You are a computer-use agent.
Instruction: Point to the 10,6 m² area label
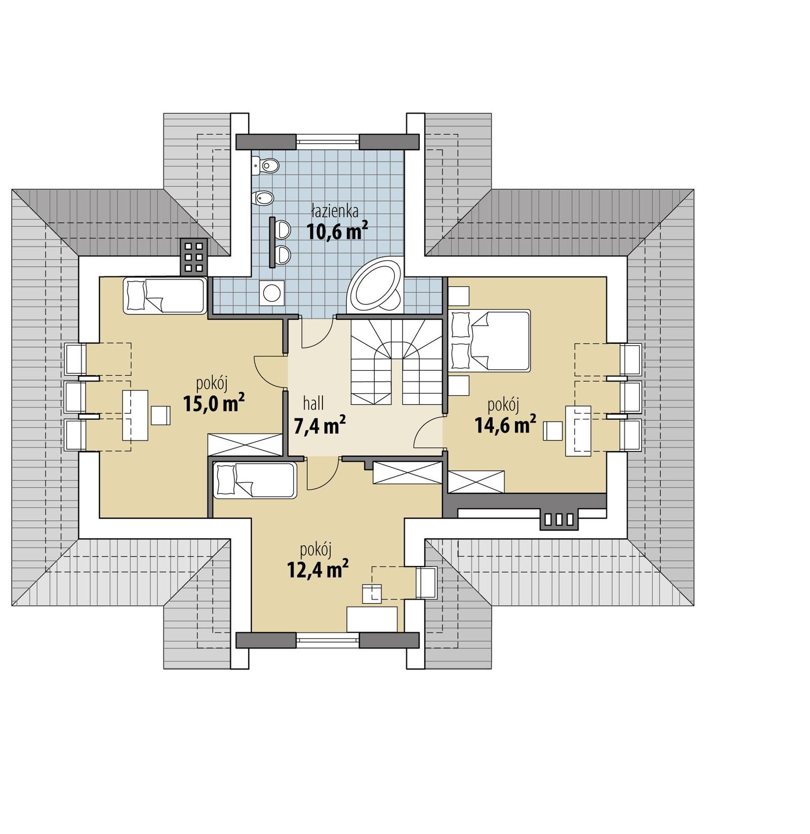point(337,231)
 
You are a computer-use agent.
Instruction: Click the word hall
point(313,404)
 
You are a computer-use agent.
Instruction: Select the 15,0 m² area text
point(214,404)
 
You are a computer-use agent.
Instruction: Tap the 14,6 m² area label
point(505,425)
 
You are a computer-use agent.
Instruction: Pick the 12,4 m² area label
point(317,570)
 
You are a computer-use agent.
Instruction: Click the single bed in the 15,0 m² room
point(165,296)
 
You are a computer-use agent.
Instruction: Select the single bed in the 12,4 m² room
point(255,480)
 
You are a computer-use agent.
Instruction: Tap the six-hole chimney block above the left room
point(193,257)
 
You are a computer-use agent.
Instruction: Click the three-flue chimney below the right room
point(558,519)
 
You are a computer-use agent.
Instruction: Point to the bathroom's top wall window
point(328,141)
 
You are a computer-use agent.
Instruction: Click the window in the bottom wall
point(328,640)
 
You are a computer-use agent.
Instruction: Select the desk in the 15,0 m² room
point(135,415)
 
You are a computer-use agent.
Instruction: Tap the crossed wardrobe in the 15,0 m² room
point(245,445)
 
